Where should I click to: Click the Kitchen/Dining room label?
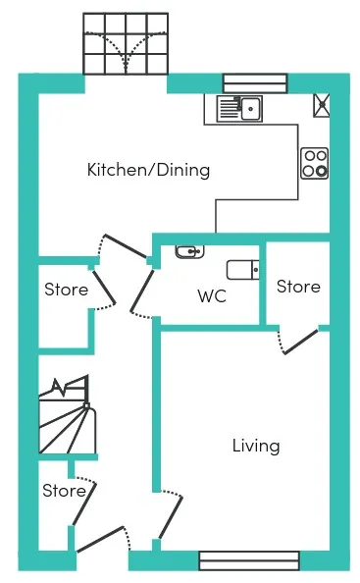[148, 170]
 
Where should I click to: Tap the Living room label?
[256, 446]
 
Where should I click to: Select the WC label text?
[212, 296]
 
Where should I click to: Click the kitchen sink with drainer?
[239, 108]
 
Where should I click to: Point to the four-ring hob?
[314, 163]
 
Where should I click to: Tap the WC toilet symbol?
[243, 270]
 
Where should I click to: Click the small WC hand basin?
[190, 251]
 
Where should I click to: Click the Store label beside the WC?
[298, 287]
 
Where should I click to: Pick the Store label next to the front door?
[65, 491]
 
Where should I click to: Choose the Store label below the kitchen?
[66, 290]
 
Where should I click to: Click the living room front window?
[249, 560]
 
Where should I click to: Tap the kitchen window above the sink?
[255, 83]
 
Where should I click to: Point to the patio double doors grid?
[126, 43]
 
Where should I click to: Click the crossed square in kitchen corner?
[322, 105]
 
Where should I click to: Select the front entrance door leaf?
[100, 539]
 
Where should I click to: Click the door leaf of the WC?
[142, 291]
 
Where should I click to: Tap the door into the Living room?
[171, 517]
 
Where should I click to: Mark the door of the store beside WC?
[301, 342]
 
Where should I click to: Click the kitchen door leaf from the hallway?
[126, 245]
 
